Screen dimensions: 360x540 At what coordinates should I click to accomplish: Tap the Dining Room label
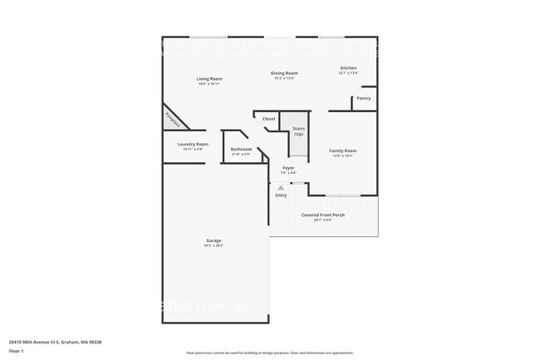click(x=284, y=73)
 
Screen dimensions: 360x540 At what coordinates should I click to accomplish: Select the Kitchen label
click(x=348, y=68)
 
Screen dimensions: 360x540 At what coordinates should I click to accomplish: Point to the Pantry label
click(x=363, y=98)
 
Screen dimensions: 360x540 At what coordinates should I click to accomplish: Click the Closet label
click(x=268, y=119)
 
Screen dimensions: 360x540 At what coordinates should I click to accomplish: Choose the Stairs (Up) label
click(x=297, y=131)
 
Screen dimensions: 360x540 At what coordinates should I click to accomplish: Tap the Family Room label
click(x=342, y=150)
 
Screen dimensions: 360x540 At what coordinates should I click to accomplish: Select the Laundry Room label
click(x=193, y=144)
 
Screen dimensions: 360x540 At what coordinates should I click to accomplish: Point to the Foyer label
click(x=288, y=168)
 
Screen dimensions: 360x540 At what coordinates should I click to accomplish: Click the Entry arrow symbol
click(x=281, y=188)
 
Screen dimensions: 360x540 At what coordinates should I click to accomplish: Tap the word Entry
click(x=281, y=195)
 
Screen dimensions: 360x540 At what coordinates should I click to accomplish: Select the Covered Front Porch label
click(x=323, y=215)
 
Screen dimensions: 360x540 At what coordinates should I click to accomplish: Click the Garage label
click(x=214, y=240)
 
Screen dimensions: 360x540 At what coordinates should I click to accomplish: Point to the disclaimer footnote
click(x=269, y=353)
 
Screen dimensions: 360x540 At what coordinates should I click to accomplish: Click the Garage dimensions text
click(x=214, y=246)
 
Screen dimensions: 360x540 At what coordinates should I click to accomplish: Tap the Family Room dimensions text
click(x=342, y=155)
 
